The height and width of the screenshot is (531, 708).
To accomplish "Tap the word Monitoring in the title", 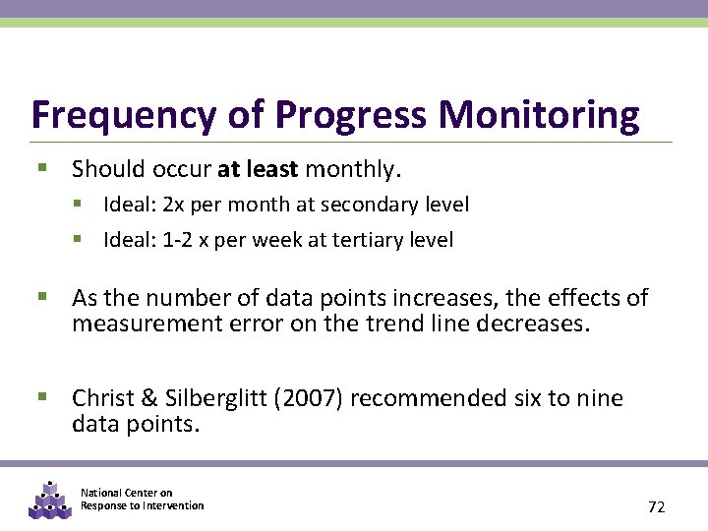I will point(539,115).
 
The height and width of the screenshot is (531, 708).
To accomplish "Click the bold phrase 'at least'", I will point(258,169).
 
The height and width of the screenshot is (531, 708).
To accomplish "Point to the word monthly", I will point(353,169).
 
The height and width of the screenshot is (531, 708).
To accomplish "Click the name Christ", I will point(103,398).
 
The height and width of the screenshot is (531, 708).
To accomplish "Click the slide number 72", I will point(656,506).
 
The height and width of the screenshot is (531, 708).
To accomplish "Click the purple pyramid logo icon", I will point(49,500).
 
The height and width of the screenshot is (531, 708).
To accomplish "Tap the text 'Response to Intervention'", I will point(142,505).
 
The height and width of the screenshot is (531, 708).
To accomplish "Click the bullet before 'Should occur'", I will point(42,169).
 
